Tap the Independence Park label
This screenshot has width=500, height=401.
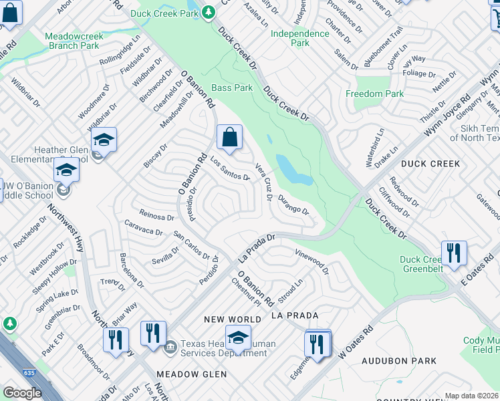click(x=300, y=37)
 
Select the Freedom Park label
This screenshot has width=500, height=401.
click(x=374, y=94)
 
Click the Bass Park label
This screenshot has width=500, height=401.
click(x=232, y=88)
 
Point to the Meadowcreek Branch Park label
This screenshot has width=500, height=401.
click(x=73, y=41)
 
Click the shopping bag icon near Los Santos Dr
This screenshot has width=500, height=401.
click(x=229, y=138)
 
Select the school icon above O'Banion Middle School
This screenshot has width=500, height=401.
click(x=66, y=170)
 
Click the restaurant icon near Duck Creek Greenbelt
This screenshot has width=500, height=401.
click(x=454, y=253)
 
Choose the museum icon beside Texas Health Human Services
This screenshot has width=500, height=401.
click(x=170, y=346)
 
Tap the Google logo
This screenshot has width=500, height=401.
click(x=22, y=393)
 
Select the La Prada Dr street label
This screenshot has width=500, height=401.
click(x=257, y=247)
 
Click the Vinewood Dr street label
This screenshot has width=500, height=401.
click(x=312, y=260)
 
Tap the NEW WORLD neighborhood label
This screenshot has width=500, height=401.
click(x=234, y=320)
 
